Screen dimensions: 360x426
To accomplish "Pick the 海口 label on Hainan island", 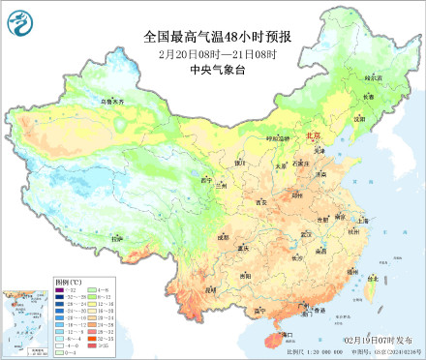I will click(x=287, y=334).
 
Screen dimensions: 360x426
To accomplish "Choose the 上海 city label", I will click(x=362, y=221).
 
